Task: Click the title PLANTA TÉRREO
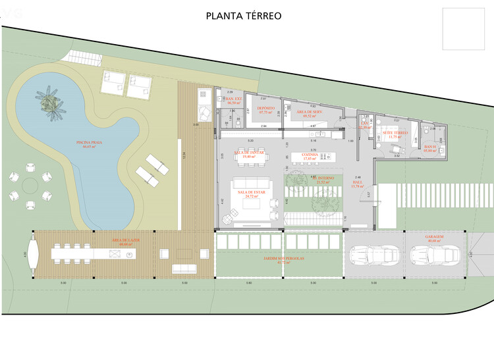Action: tap(244, 16)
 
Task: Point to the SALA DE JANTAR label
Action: tap(249, 153)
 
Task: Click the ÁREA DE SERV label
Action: tap(308, 113)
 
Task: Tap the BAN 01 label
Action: tap(430, 147)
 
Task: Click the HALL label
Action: tap(358, 184)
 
